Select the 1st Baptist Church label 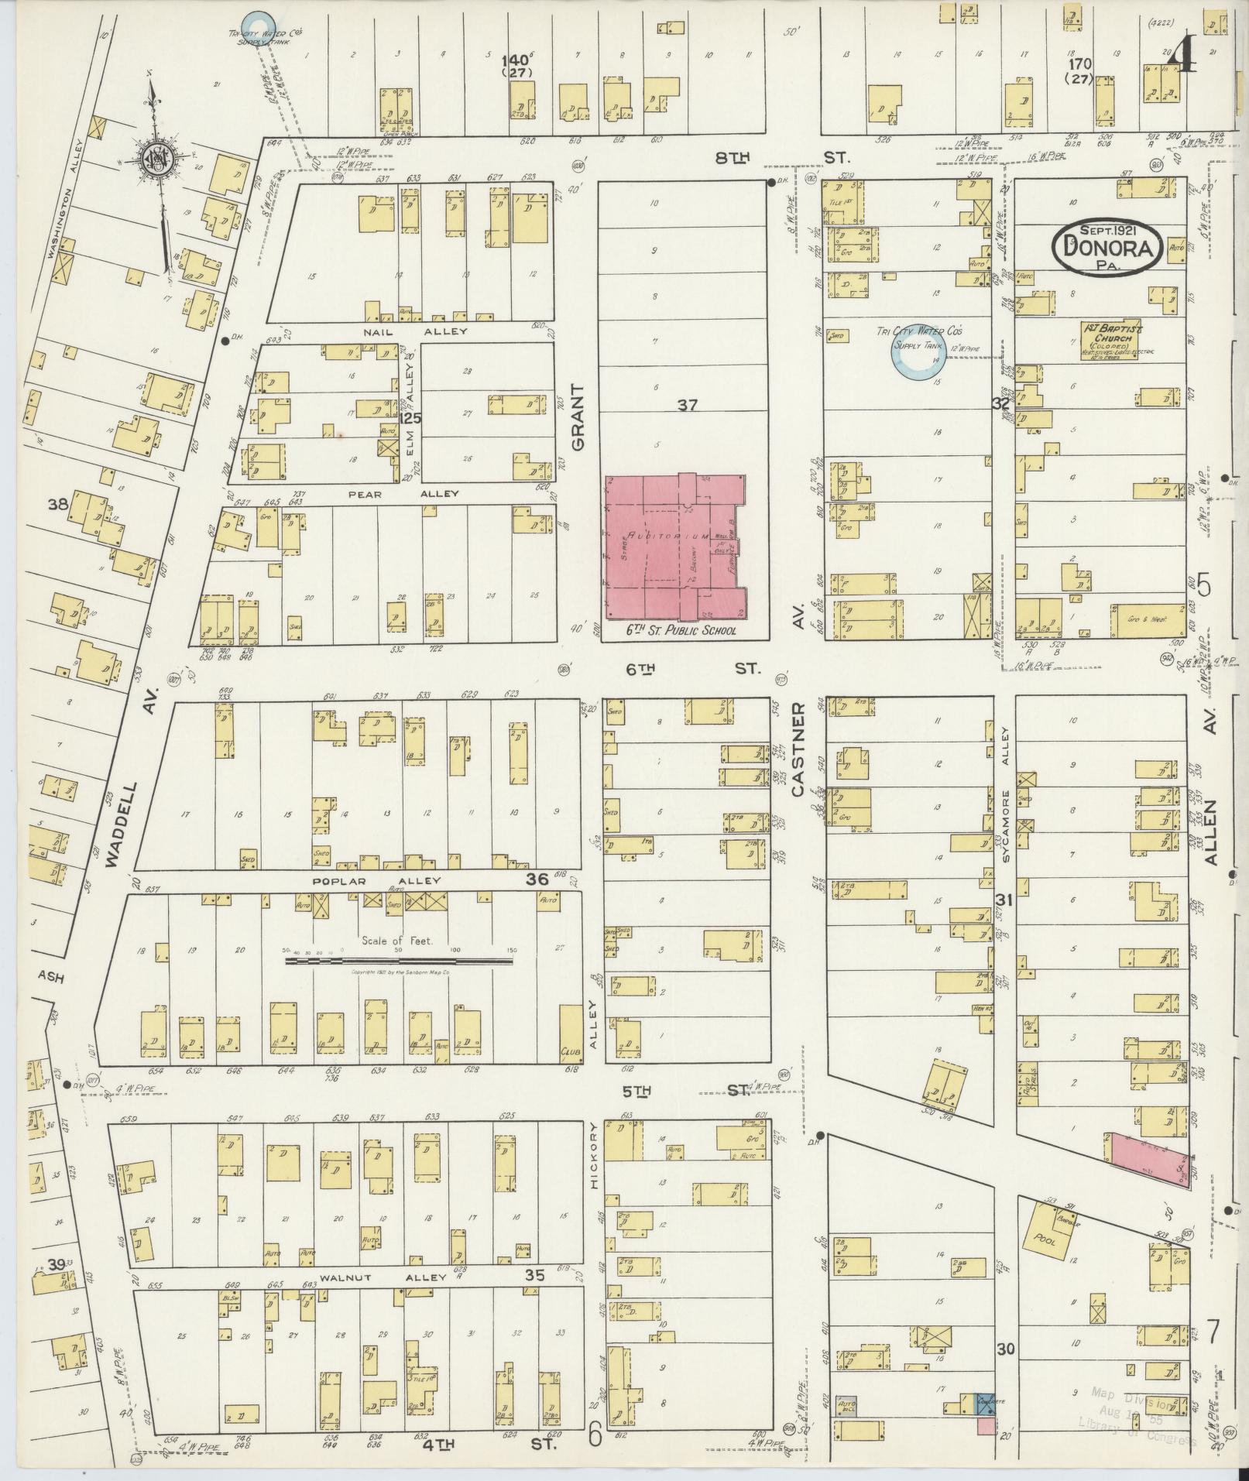pyautogui.click(x=1114, y=338)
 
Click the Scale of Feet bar pyautogui.click(x=400, y=961)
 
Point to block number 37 pyautogui.click(x=687, y=404)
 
